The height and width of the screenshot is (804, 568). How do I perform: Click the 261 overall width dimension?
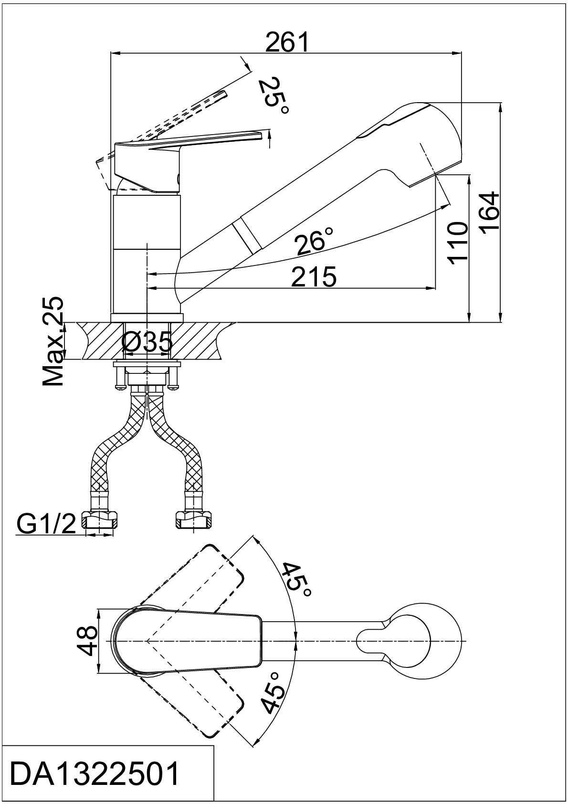[287, 42]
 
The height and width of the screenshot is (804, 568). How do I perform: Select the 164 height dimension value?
[489, 213]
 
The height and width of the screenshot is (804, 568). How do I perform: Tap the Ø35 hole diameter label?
[147, 341]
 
